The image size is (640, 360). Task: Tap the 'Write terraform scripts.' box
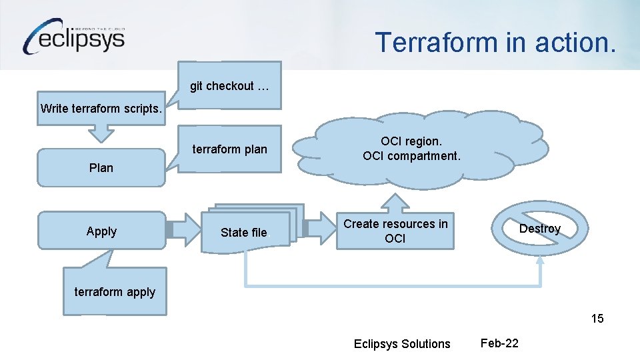(101, 108)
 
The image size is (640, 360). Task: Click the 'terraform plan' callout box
(229, 149)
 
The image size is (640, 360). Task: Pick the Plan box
(101, 168)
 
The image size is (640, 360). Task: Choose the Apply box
(101, 231)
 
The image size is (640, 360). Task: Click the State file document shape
(244, 232)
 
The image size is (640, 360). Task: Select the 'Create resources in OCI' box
(395, 231)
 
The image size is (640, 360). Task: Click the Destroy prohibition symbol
(540, 229)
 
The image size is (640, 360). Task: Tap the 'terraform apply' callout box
(115, 292)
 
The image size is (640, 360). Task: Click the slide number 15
(597, 319)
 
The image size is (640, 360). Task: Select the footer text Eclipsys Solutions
(402, 344)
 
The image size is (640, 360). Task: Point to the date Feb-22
(499, 343)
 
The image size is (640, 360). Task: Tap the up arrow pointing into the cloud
(395, 203)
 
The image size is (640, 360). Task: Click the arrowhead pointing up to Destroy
(540, 261)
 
